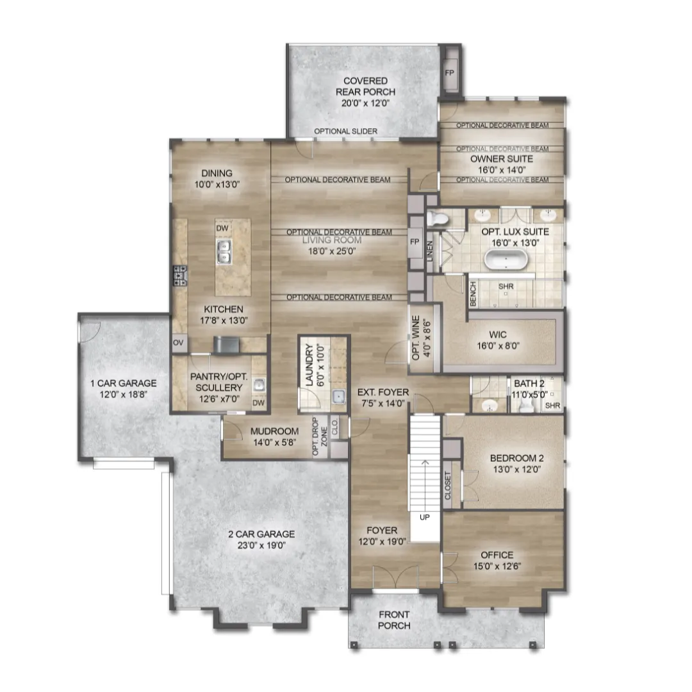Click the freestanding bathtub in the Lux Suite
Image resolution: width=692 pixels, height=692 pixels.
(x=506, y=259)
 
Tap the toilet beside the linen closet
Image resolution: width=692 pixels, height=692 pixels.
(x=436, y=218)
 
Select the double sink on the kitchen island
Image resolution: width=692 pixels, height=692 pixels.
(x=224, y=252)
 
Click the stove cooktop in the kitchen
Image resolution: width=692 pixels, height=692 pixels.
(x=180, y=276)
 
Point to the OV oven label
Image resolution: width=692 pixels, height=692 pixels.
(x=178, y=343)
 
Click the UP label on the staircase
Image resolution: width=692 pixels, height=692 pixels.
(x=425, y=517)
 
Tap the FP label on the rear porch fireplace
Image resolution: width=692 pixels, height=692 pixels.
(x=449, y=73)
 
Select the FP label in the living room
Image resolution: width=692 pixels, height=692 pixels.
(x=415, y=242)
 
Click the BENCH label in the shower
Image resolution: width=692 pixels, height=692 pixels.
(x=473, y=294)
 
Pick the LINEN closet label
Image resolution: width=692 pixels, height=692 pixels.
(x=430, y=251)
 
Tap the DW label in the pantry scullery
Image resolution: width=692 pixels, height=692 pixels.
(x=259, y=402)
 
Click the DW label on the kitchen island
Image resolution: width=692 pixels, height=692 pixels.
(x=222, y=228)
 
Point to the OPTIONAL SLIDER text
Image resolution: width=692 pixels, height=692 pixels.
(x=345, y=131)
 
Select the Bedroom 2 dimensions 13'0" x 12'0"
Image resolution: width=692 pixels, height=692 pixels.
(x=517, y=469)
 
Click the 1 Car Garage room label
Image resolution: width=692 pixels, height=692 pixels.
(x=124, y=384)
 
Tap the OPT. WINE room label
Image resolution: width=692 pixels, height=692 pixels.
(x=416, y=338)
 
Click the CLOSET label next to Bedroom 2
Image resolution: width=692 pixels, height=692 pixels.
(x=448, y=486)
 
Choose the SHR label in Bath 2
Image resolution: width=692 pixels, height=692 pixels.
(x=552, y=406)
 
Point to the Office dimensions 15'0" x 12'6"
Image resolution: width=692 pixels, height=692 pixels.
(x=497, y=566)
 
